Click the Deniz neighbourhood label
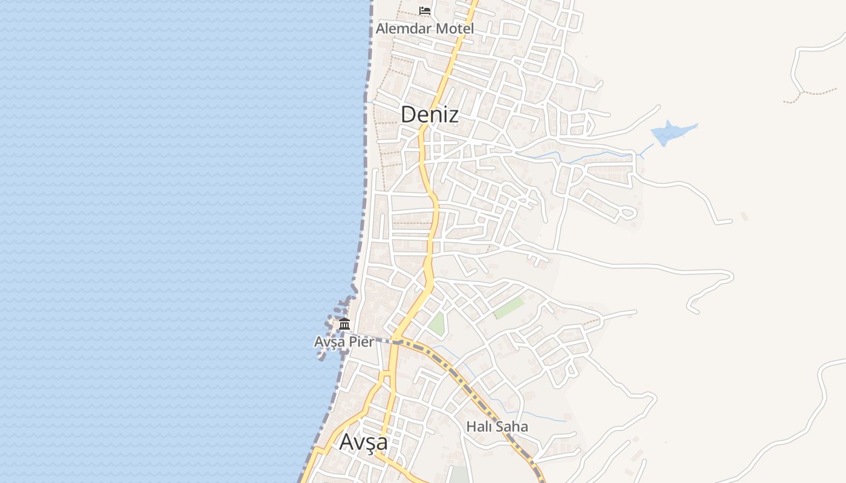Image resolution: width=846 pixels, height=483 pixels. pyautogui.click(x=430, y=114)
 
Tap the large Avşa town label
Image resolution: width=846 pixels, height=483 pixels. pyautogui.click(x=363, y=442)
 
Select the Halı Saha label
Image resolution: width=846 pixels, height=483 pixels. pyautogui.click(x=497, y=427)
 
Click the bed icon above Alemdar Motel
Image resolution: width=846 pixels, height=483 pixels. pyautogui.click(x=425, y=11)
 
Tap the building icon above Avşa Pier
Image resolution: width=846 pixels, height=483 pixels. pyautogui.click(x=344, y=324)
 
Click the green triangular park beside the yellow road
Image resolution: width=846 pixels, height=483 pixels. pyautogui.click(x=437, y=324)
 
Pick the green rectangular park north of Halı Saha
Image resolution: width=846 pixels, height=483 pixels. pyautogui.click(x=509, y=307)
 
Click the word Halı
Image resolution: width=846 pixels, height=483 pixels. pyautogui.click(x=477, y=427)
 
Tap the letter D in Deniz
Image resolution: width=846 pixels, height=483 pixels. pyautogui.click(x=409, y=114)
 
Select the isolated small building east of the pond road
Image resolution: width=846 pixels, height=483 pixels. pyautogui.click(x=744, y=216)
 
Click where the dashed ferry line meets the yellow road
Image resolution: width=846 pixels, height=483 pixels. pyautogui.click(x=396, y=342)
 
